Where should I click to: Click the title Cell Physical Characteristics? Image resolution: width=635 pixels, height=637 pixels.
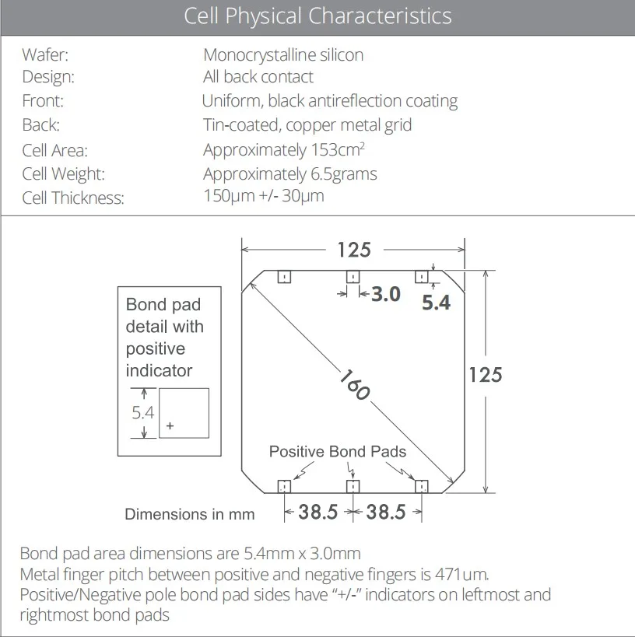317,16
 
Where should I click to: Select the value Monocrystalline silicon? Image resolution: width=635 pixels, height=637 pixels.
283,55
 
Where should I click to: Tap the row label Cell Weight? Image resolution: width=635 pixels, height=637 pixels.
63,173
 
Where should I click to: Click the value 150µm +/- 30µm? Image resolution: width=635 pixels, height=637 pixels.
264,196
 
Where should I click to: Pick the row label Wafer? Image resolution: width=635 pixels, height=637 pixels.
46,55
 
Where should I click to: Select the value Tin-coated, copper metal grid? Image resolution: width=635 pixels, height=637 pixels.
307,124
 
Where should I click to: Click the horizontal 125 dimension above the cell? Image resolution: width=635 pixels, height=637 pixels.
353,250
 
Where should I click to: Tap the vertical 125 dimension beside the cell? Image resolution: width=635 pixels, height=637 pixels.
486,375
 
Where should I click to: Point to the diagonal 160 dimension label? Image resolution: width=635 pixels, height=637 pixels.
354,383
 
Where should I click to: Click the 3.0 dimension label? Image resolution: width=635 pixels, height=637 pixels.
386,294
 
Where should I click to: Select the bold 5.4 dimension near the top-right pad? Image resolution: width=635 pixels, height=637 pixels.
436,303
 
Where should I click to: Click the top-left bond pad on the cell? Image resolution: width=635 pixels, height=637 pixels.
284,277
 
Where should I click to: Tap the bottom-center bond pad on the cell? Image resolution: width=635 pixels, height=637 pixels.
353,487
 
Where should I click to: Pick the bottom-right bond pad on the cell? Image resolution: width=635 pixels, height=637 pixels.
421,487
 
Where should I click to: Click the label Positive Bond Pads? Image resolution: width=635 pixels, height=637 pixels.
338,451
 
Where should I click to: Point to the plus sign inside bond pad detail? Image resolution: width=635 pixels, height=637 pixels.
170,426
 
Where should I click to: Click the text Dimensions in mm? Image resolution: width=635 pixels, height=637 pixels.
190,514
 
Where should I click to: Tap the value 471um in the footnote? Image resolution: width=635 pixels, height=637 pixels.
464,575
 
